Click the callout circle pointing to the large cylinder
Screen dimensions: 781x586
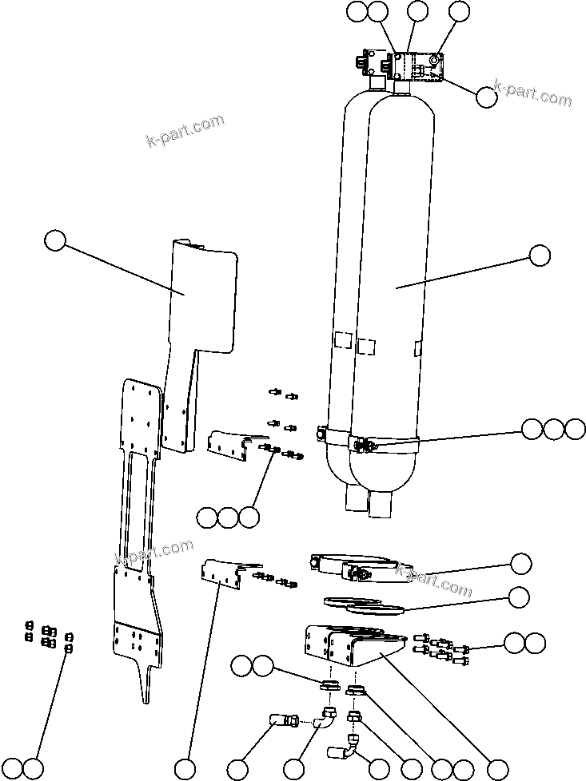tap(540, 256)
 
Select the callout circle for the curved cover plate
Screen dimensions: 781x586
tap(54, 240)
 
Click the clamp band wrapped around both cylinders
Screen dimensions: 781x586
tap(360, 441)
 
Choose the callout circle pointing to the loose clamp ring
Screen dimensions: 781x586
tap(520, 563)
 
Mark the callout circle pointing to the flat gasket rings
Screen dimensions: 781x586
tap(520, 597)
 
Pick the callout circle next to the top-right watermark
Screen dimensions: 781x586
tap(485, 97)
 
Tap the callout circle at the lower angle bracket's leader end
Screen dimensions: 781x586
tap(185, 769)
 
